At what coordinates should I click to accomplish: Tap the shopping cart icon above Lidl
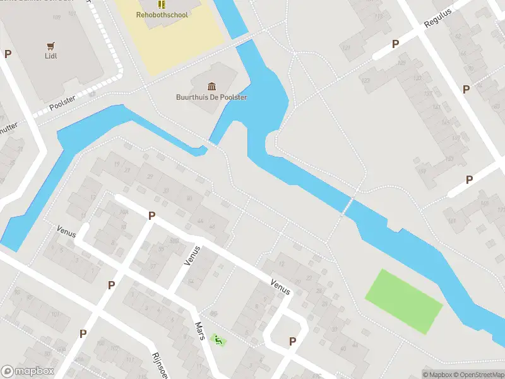click(52, 45)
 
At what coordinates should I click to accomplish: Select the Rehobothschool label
click(162, 15)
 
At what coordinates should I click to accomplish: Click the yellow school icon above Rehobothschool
click(162, 4)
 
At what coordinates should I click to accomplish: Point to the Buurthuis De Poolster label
click(211, 97)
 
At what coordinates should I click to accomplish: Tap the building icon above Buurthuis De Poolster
click(211, 86)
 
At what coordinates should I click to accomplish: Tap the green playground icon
click(218, 340)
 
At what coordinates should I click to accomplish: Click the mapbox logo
click(27, 371)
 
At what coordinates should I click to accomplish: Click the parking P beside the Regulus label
click(396, 44)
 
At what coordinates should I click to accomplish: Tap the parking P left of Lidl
click(8, 54)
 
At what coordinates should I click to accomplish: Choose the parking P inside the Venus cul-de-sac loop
click(292, 341)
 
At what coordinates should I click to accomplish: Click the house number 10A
click(124, 212)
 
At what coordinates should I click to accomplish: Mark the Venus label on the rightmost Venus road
click(280, 287)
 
